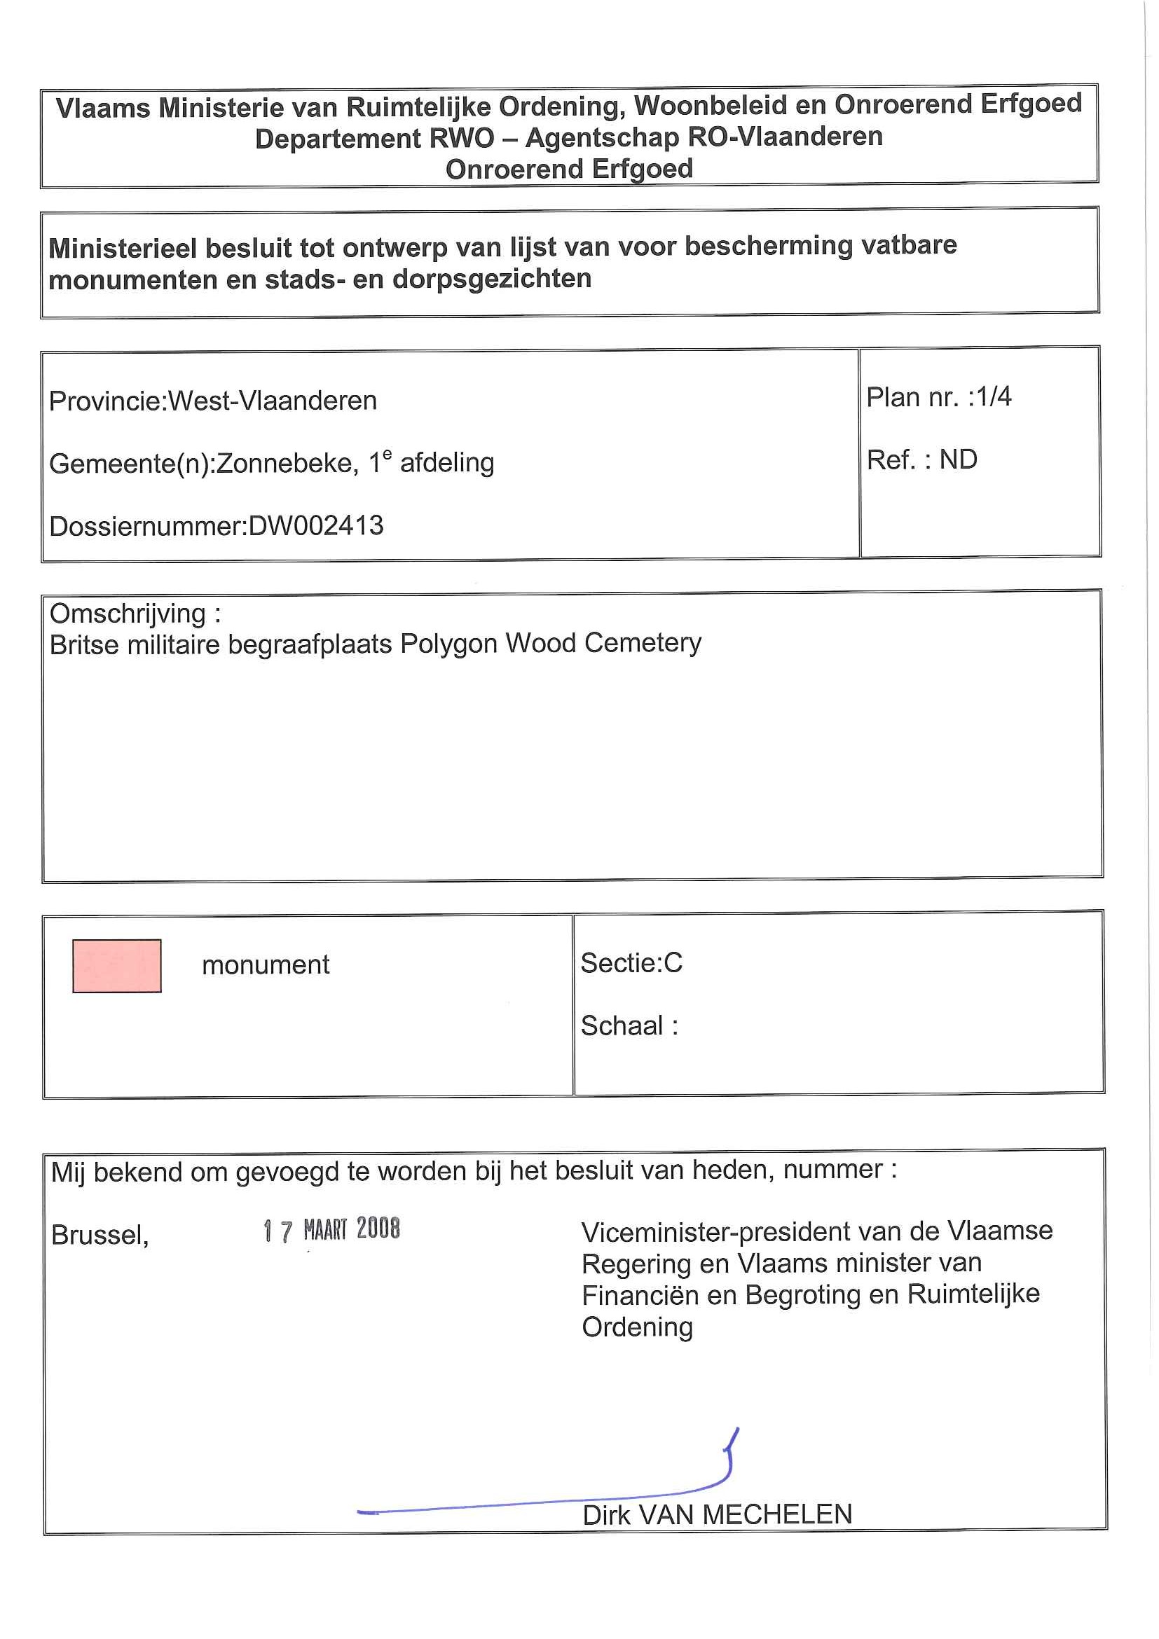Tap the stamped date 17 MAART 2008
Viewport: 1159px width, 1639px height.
331,1230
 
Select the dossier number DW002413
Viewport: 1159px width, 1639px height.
315,526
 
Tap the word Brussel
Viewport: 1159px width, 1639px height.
100,1235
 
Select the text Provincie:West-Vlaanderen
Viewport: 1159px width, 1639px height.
213,401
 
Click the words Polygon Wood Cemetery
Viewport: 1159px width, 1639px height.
551,643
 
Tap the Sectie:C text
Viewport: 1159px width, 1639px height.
631,963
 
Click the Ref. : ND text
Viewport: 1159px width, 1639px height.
921,459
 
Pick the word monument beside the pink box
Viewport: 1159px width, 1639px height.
266,965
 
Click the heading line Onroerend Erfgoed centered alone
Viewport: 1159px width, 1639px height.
569,170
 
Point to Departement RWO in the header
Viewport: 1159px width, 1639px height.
374,139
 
